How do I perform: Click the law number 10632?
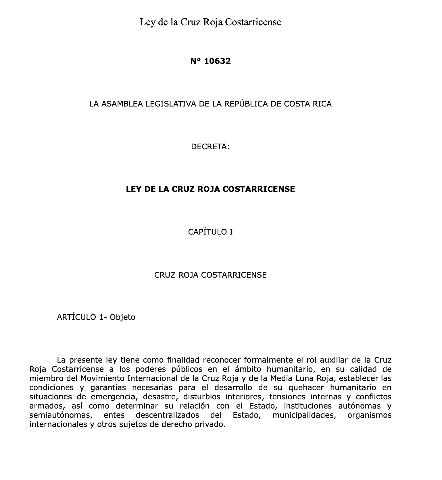tap(217, 61)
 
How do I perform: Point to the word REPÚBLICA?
tap(246, 104)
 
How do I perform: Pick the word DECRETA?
tap(210, 147)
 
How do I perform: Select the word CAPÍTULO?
tap(207, 232)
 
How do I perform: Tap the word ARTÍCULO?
tap(76, 317)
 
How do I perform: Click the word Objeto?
tap(122, 317)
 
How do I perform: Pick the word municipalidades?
tap(304, 415)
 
